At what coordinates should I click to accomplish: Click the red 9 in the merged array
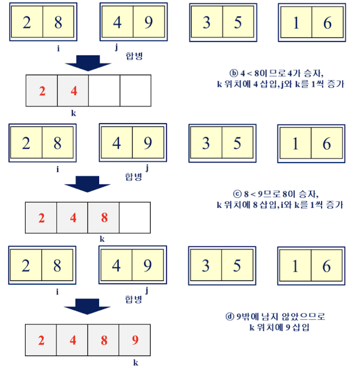tap(135, 340)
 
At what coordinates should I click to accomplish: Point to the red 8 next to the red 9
tap(104, 340)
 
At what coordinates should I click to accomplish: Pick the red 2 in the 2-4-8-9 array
tap(42, 340)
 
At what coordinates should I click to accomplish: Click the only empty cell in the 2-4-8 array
tap(135, 218)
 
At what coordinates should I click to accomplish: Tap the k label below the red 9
tap(135, 363)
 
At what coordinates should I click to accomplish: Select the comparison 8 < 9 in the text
tap(250, 194)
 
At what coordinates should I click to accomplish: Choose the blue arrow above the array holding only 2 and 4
tap(87, 63)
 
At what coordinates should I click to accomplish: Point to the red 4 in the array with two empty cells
tap(73, 91)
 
